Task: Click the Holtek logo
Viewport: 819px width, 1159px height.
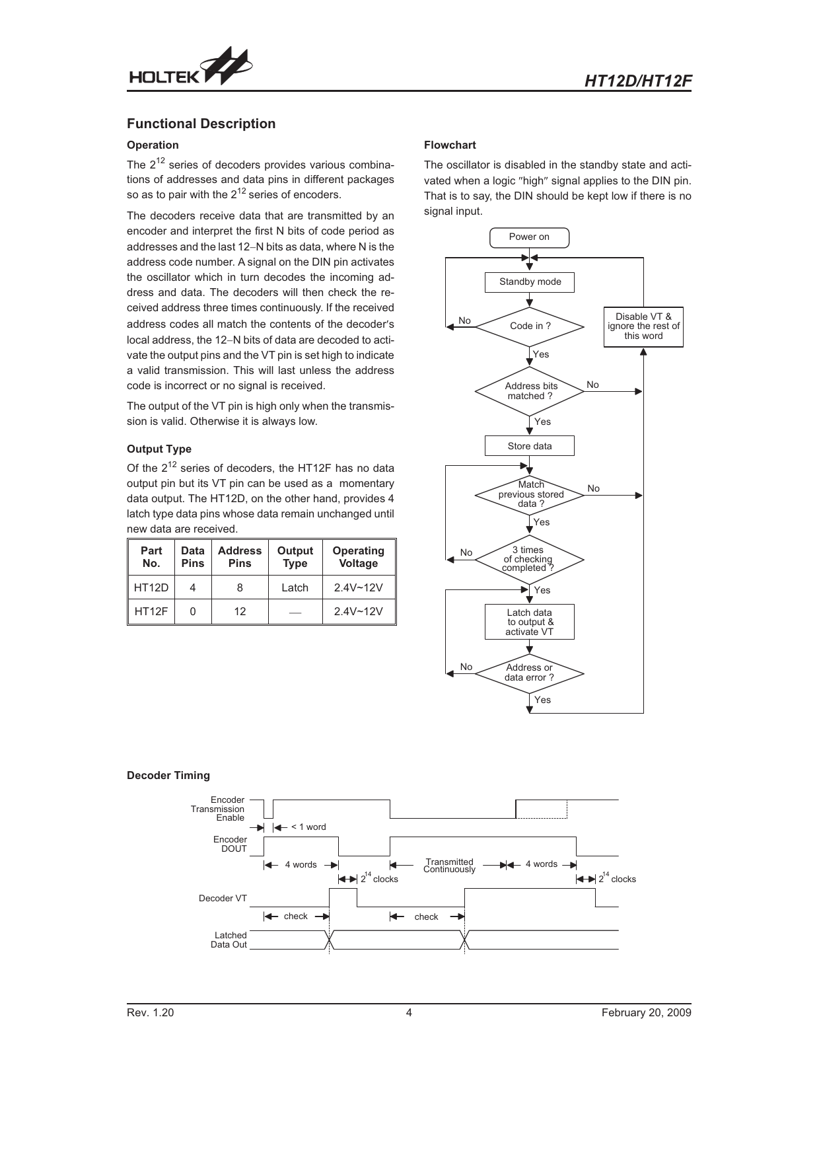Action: (190, 68)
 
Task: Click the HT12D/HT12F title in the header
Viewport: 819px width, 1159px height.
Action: (638, 81)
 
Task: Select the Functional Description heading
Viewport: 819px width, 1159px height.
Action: (201, 124)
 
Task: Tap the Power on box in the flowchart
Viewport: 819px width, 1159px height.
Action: (529, 237)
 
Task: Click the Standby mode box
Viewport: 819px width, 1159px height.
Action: (530, 282)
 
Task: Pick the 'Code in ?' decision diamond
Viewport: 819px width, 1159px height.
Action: (530, 326)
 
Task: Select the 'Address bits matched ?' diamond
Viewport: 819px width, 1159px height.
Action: (530, 391)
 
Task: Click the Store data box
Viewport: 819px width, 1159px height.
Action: (530, 446)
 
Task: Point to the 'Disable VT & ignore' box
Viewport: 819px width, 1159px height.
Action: (643, 326)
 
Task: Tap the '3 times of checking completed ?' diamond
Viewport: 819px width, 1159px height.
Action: (529, 559)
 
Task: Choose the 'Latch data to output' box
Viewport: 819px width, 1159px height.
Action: (529, 622)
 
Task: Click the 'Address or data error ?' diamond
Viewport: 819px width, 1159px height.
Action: (529, 673)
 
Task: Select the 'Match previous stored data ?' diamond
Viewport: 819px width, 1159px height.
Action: (530, 494)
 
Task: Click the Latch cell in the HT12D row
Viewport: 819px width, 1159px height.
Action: (295, 587)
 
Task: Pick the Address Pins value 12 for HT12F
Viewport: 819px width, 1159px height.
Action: (240, 611)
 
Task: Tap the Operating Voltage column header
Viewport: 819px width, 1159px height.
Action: (358, 557)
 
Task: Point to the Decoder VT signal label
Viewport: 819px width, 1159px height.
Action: (223, 899)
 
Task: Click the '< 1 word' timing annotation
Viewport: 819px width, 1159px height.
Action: (308, 827)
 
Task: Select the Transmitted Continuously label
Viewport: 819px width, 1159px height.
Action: (449, 866)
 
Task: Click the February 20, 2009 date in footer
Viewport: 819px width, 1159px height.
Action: (646, 1013)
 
